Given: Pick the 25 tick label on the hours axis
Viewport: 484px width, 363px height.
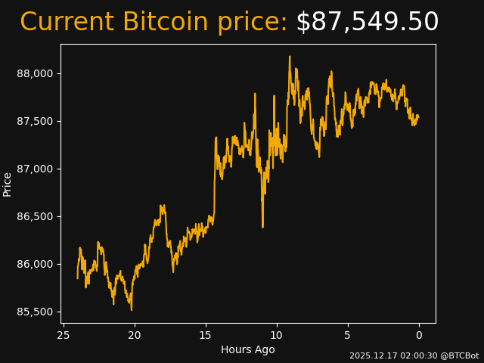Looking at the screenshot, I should [64, 335].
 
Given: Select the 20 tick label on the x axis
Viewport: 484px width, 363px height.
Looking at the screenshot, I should [135, 335].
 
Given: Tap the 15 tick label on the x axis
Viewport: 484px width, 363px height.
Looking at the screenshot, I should [206, 335].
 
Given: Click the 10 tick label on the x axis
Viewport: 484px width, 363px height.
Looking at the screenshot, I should [277, 335].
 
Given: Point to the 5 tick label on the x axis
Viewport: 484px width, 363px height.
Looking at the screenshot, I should [348, 335].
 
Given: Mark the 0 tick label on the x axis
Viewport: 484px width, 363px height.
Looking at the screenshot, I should [419, 335].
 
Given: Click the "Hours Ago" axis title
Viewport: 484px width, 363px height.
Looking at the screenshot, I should [248, 349].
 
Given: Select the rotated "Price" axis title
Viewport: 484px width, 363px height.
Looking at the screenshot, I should [8, 184].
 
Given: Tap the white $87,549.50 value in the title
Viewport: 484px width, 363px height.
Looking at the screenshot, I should [367, 23].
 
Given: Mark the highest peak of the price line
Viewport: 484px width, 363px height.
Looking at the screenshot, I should [290, 56].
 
